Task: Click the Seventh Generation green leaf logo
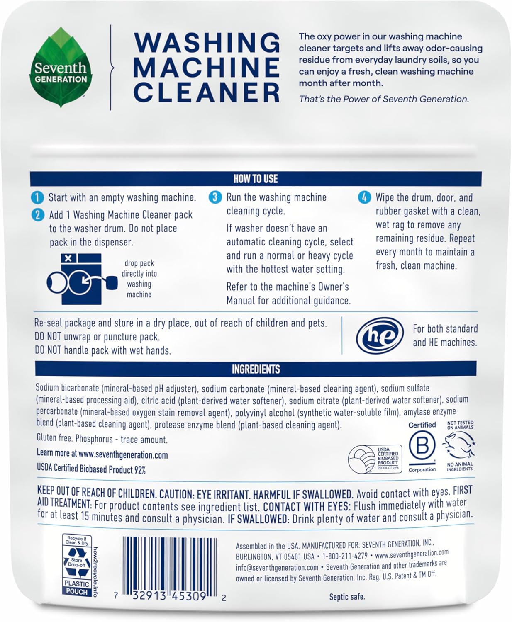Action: [x=61, y=68]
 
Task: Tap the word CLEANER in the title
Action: [x=207, y=92]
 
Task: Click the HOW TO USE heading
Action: [x=256, y=179]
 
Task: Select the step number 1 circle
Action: [x=37, y=197]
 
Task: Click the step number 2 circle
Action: [x=37, y=215]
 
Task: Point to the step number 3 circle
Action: [x=215, y=197]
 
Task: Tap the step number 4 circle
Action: [x=364, y=197]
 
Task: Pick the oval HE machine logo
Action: [x=380, y=335]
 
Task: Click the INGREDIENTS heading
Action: [x=256, y=369]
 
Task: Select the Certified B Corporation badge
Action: [x=422, y=447]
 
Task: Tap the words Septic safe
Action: [x=347, y=597]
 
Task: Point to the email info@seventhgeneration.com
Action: [x=277, y=567]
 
